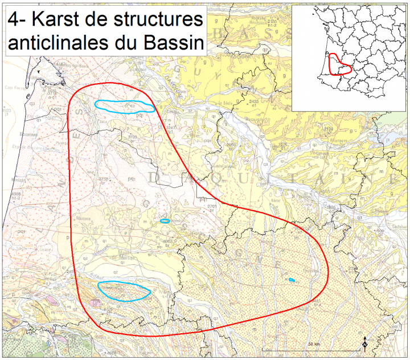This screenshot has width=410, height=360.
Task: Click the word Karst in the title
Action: pos(54,21)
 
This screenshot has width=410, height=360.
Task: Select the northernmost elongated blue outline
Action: pos(124,106)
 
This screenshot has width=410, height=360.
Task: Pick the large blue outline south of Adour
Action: pos(124,291)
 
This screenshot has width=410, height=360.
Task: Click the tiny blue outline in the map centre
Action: pos(165,221)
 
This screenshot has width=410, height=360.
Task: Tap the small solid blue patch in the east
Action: pos(291,280)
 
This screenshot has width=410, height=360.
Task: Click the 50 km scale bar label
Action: pos(314,345)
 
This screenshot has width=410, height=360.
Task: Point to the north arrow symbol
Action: pos(364,343)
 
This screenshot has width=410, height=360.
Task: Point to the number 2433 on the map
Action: pos(254,101)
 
